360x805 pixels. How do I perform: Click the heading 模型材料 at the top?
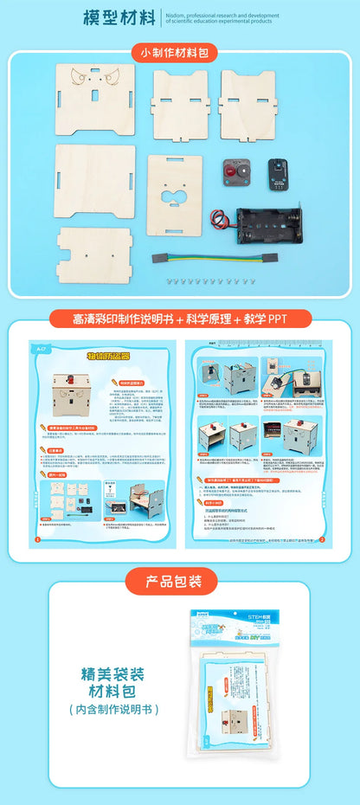119,17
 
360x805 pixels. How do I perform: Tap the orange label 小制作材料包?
179,53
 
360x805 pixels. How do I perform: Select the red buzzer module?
235,173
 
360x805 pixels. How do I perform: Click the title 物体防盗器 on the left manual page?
109,356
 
